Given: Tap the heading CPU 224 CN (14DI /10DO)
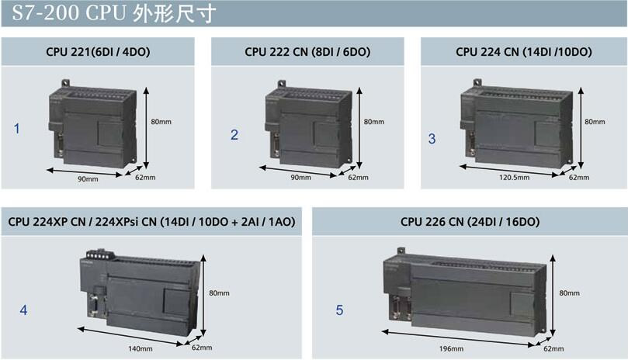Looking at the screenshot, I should [x=524, y=52].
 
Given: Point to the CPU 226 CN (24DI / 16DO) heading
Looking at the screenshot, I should [x=470, y=222].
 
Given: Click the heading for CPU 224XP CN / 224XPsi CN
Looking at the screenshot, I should [x=152, y=222].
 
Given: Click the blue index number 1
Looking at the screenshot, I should [x=17, y=129].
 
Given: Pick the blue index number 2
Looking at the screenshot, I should [x=234, y=134].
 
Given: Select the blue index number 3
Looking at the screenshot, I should [x=432, y=139].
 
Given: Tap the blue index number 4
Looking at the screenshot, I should [x=23, y=310].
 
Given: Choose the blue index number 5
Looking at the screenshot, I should [x=339, y=310].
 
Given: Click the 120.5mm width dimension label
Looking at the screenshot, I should [x=514, y=178].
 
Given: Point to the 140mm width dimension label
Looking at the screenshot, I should [x=140, y=348].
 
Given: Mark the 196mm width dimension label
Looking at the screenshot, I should [x=451, y=348].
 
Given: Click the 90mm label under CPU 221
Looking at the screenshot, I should [x=87, y=178].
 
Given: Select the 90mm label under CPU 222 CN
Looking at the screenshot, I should [x=300, y=178].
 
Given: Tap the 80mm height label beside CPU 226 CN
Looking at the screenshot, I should [x=569, y=292].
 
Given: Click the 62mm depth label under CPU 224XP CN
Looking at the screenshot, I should [x=202, y=348].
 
